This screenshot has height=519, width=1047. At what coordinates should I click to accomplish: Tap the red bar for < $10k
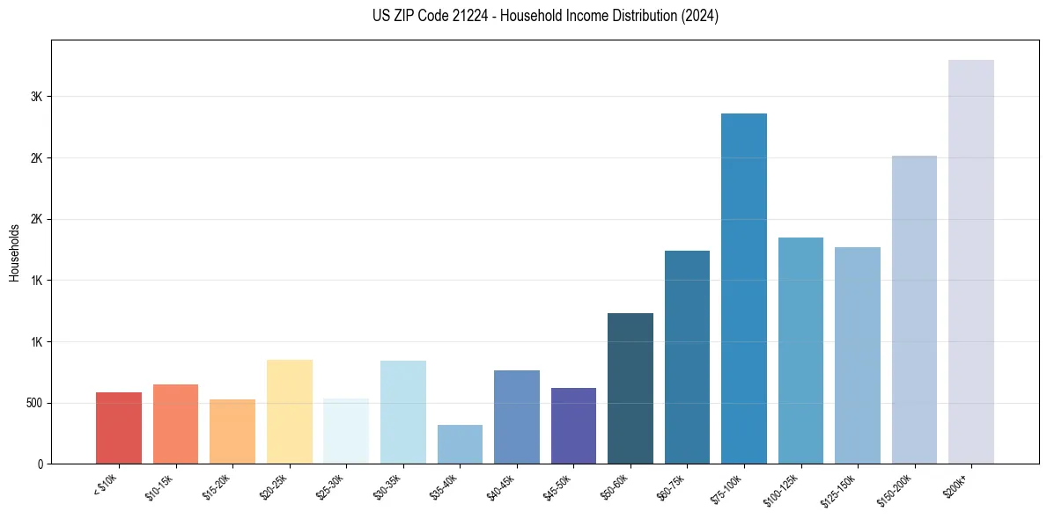point(118,428)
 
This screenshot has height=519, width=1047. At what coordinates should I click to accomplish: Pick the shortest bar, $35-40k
point(460,444)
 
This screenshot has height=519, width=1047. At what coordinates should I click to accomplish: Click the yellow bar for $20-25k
point(289,412)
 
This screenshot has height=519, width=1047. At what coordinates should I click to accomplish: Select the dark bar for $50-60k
point(630,388)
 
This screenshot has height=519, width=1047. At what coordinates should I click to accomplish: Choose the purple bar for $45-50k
point(573,426)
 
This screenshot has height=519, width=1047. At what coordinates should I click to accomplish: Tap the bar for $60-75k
point(687,357)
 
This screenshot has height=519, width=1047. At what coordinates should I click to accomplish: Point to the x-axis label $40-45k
point(501,486)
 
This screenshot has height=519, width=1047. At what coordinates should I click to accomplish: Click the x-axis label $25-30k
point(330,486)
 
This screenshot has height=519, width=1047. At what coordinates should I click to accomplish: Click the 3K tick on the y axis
point(36,97)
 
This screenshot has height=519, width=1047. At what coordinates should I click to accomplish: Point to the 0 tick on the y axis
point(39,464)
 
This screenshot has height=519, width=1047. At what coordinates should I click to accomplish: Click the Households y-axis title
point(14,252)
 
